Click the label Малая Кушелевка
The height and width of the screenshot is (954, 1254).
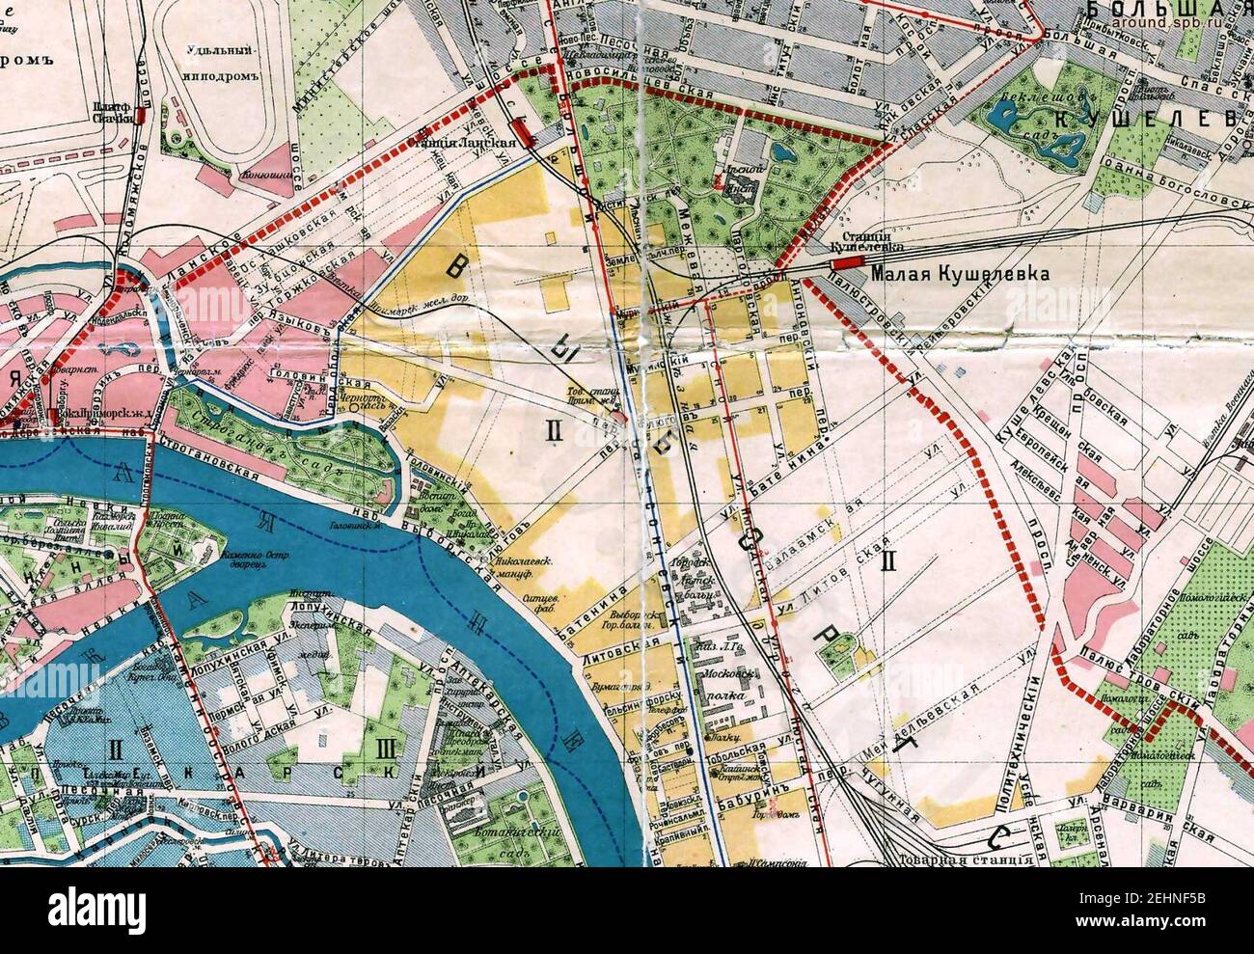[958, 274]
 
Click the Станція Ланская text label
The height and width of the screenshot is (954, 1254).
[475, 142]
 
